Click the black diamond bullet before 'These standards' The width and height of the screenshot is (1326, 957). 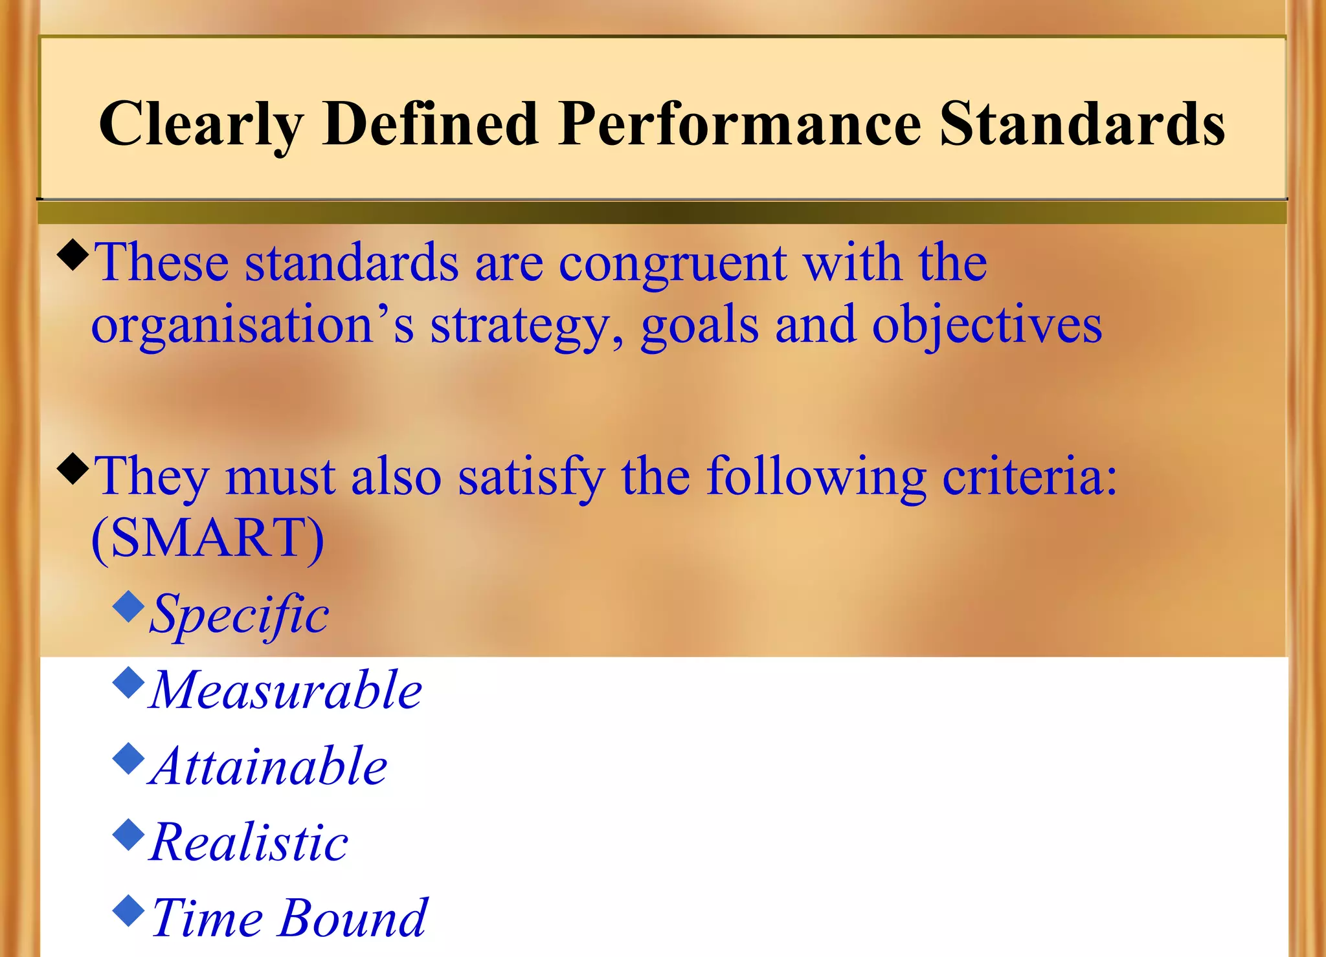73,255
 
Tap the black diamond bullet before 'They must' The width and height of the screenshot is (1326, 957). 73,469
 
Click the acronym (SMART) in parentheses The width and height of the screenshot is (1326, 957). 207,538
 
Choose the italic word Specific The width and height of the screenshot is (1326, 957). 239,615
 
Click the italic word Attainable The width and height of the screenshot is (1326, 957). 268,766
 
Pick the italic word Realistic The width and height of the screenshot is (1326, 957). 249,842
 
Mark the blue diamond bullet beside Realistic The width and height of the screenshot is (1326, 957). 128,835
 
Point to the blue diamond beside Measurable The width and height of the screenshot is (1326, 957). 128,683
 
